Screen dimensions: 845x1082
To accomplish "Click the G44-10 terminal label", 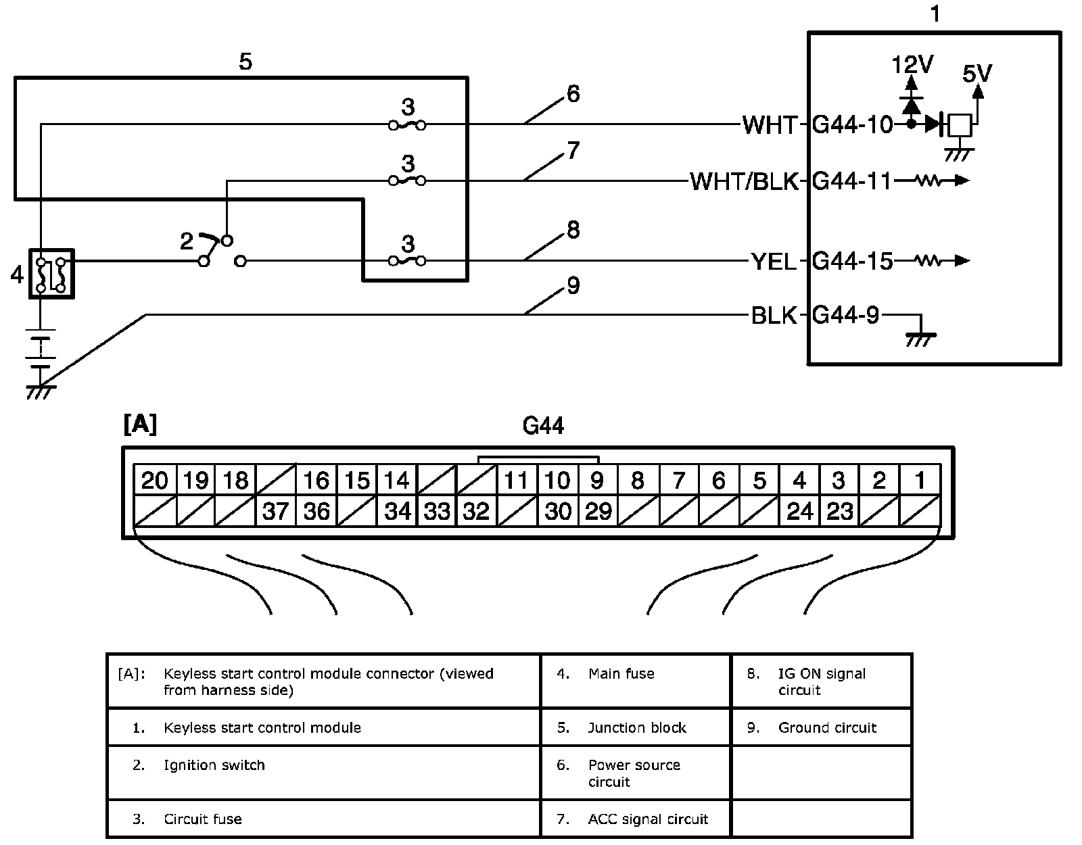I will coord(852,125).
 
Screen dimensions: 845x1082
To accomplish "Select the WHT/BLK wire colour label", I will coord(744,182).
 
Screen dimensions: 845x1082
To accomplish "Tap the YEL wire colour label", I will coord(774,262).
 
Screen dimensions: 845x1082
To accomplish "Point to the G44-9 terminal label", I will coord(845,316).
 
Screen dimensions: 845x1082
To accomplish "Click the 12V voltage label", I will coord(912,66).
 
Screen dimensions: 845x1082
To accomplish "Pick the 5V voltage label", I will coord(977,73).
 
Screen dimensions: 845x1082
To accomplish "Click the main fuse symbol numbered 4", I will coord(51,274).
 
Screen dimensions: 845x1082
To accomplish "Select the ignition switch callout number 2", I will coord(187,241).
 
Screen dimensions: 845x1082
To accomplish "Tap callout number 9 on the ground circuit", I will coord(573,286).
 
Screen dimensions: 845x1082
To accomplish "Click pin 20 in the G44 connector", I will coord(154,481).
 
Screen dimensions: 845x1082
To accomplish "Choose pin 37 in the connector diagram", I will coord(275,511).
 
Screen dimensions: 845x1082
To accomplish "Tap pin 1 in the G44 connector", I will coord(920,481).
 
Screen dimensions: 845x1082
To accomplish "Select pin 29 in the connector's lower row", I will coord(598,511).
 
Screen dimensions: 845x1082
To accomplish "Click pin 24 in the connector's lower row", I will coord(799,511).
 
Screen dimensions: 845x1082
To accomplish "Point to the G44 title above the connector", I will coord(543,426).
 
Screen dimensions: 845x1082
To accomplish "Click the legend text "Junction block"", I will coord(637,727).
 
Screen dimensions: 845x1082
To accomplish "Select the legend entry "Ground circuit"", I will coord(827,727).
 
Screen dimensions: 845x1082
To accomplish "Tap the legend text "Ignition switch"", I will coord(214,765).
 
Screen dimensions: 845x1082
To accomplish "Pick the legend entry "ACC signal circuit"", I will coord(648,819).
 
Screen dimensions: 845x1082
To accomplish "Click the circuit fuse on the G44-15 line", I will coord(407,261).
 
